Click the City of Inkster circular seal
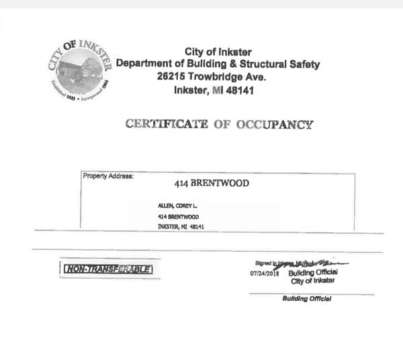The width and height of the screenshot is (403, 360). pos(79,70)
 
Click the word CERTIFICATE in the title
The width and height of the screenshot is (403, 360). pos(167,124)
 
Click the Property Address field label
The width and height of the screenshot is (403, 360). pos(107,176)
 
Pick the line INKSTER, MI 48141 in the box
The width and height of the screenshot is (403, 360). pos(181,227)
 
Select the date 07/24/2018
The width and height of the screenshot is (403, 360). pos(263,273)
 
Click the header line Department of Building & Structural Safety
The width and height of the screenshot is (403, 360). pos(218,64)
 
